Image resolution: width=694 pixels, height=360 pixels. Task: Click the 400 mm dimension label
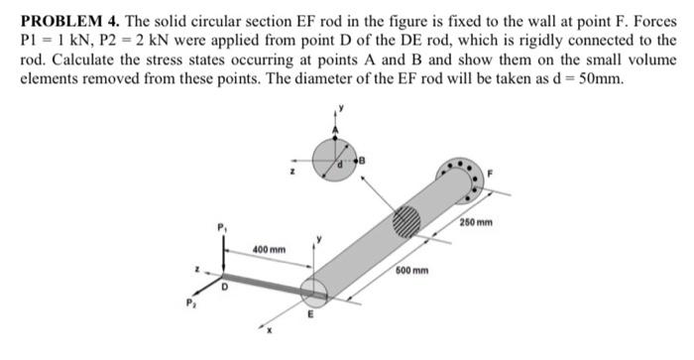(268, 247)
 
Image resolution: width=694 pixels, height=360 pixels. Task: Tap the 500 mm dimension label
(412, 271)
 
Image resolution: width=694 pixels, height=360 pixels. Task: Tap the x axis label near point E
(268, 329)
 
